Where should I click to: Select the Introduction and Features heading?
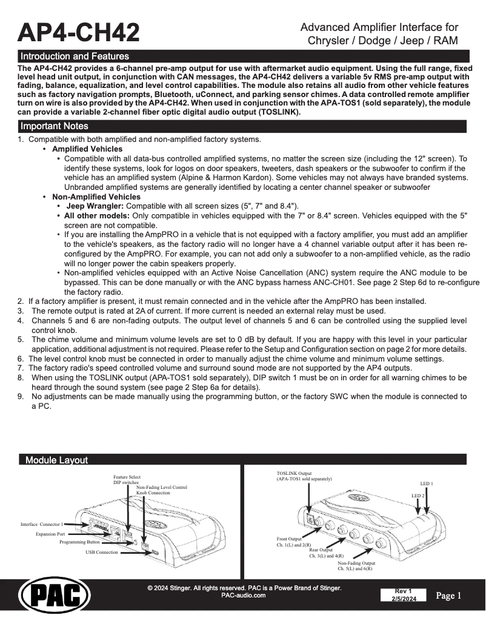coord(75,56)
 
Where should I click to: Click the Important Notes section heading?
coord(55,126)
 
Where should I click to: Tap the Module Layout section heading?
coord(56,460)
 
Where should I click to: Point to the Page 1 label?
coord(449,596)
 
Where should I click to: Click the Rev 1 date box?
coord(404,595)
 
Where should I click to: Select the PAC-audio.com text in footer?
coord(244,596)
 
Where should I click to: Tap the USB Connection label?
coord(102,553)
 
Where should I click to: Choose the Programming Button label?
coord(79,542)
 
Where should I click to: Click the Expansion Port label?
coord(50,534)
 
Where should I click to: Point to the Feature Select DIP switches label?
coord(127,480)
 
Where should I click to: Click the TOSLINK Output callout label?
coord(304,476)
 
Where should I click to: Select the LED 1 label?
coord(427,483)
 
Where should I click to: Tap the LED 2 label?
coord(418,496)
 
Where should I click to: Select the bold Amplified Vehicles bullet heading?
coord(87,149)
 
